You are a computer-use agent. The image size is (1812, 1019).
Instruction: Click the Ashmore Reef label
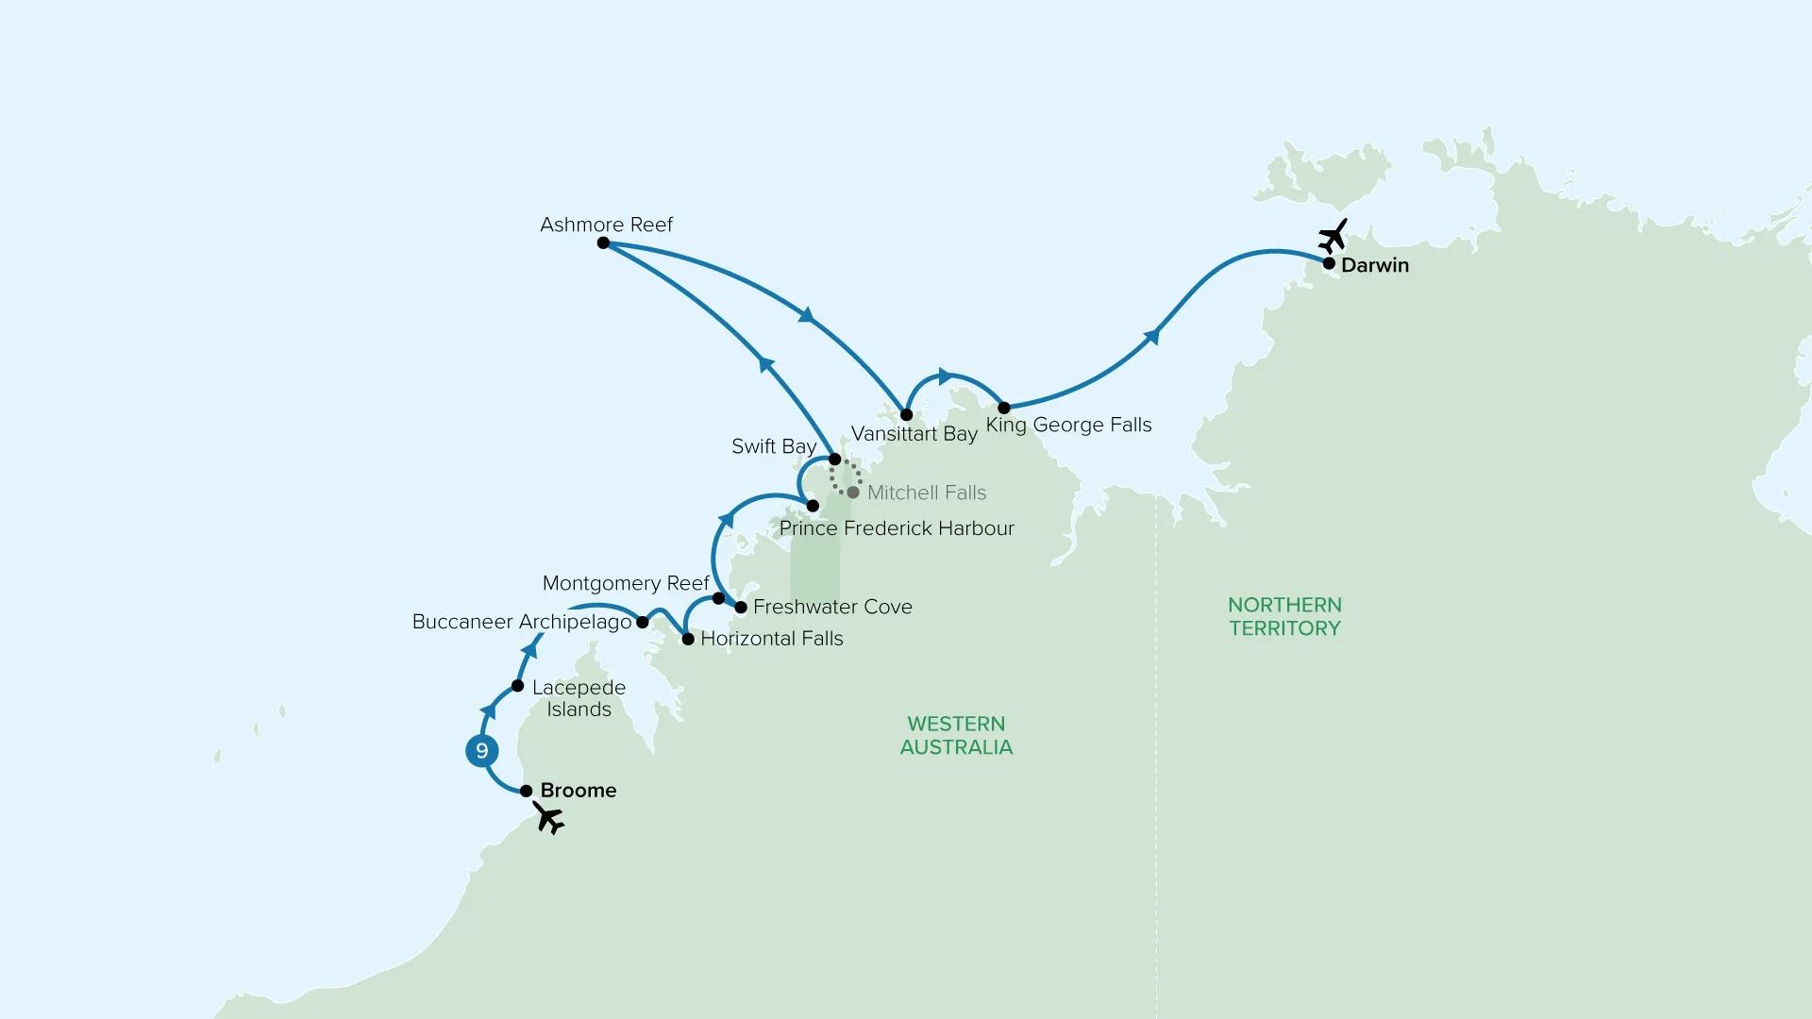coord(606,225)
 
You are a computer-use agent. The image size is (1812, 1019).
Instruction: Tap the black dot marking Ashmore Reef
coord(603,243)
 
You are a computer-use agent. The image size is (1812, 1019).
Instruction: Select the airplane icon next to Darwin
coord(1333,236)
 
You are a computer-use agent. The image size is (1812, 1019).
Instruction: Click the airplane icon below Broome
coord(548,818)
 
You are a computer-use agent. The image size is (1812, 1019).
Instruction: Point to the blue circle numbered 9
coord(482,751)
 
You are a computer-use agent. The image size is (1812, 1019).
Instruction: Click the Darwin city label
coord(1375,265)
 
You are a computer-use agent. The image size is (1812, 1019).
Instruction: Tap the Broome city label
coord(579,791)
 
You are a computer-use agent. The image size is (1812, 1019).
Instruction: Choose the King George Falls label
coord(1068,425)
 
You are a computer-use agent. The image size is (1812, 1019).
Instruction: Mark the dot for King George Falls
coord(1004,408)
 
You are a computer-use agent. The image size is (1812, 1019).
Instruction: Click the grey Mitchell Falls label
coord(927,493)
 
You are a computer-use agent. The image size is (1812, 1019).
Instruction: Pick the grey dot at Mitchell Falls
coord(853,493)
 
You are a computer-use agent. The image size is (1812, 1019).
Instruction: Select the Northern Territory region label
coord(1284,616)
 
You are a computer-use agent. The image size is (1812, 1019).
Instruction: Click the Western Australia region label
coord(956,735)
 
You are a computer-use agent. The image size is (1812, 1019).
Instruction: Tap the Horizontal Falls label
coord(772,639)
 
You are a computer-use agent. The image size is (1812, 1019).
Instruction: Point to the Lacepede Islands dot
coord(517,686)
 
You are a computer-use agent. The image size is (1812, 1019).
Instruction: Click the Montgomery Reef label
coord(626,583)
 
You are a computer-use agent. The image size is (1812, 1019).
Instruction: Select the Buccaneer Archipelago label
coord(522,623)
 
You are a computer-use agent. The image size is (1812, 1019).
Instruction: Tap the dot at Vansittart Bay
coord(906,415)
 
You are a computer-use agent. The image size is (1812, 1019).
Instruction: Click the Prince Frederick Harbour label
coord(897,528)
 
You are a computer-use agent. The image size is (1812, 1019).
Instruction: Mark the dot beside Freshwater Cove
coord(741,608)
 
